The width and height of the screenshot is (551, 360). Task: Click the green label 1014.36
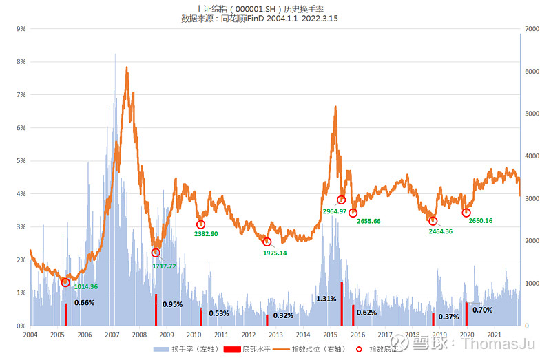pos(85,286)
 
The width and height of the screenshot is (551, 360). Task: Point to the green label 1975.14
pos(275,253)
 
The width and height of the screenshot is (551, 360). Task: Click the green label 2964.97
pos(334,211)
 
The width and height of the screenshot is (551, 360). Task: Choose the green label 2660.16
pos(480,221)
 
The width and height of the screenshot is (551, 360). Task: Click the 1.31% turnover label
pos(326,299)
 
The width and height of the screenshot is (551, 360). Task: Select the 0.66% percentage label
pos(84,302)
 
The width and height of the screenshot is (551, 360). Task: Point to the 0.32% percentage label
pos(283,315)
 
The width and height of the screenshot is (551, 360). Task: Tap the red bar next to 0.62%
pos(353,315)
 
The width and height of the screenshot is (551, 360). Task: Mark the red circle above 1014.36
pos(65,282)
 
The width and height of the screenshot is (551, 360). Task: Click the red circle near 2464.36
pos(433,221)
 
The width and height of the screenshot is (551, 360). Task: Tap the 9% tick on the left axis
pos(21,29)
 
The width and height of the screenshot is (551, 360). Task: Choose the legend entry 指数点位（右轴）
pos(311,349)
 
